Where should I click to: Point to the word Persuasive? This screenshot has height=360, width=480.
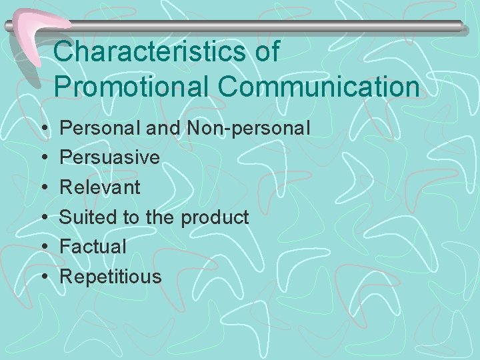pyautogui.click(x=110, y=158)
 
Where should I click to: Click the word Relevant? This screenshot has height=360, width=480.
pyautogui.click(x=100, y=187)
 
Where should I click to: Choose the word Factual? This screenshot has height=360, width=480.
pyautogui.click(x=93, y=246)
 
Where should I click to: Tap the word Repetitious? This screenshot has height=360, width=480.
pyautogui.click(x=111, y=276)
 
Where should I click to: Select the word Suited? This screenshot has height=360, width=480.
pyautogui.click(x=82, y=217)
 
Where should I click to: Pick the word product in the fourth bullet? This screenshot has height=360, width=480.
pyautogui.click(x=214, y=217)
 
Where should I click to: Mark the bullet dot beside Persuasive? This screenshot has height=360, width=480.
pyautogui.click(x=43, y=158)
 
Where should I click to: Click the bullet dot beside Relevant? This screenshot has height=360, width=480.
pyautogui.click(x=43, y=187)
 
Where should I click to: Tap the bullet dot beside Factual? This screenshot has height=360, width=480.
pyautogui.click(x=43, y=247)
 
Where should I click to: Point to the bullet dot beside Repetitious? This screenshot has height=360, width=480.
pyautogui.click(x=43, y=276)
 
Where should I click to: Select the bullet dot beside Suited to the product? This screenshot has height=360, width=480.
pyautogui.click(x=43, y=217)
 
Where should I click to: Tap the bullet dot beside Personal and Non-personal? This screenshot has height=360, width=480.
pyautogui.click(x=43, y=128)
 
